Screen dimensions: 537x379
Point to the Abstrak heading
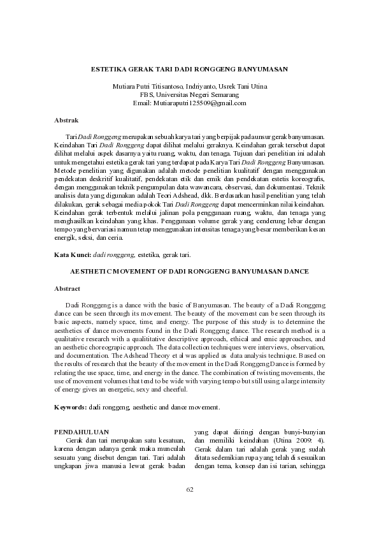(66, 120)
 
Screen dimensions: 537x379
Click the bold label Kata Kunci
(73, 254)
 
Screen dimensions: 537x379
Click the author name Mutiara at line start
(124, 86)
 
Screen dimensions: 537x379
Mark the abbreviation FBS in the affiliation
(155, 94)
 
